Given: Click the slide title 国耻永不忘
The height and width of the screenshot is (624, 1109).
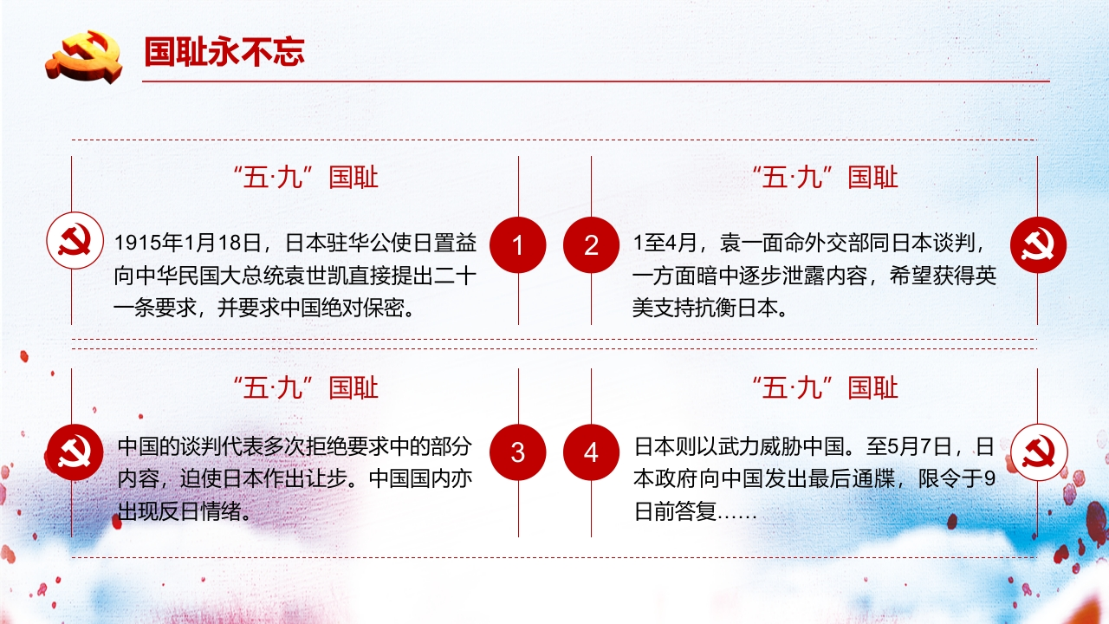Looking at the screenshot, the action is (x=224, y=52).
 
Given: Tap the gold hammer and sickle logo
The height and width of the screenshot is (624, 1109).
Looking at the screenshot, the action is (x=84, y=56).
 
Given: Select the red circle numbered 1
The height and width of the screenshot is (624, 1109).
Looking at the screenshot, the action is (x=518, y=244).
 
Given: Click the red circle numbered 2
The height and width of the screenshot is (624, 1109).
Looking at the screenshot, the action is (x=591, y=244).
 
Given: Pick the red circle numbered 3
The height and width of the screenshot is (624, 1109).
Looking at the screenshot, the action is (x=518, y=452).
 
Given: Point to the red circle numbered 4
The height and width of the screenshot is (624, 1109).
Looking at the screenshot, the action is (x=591, y=452).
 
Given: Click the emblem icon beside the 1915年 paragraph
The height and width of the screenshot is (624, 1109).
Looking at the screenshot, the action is (x=75, y=241).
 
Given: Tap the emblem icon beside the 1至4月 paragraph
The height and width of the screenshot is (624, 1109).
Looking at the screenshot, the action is (x=1038, y=244).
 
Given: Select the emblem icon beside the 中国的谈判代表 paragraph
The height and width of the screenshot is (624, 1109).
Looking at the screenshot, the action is (x=75, y=452).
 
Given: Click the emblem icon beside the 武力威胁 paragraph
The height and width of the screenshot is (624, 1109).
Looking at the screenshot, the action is (x=1038, y=452).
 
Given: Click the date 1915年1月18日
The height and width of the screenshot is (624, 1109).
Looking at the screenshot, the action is (x=188, y=243).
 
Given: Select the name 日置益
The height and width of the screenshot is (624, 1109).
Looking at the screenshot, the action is (x=445, y=243).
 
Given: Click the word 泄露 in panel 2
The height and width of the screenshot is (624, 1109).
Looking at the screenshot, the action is (x=803, y=276).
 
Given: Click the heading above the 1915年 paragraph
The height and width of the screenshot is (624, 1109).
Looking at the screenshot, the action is (x=306, y=177).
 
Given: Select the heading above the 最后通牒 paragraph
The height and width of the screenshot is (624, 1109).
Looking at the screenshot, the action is (x=826, y=387).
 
